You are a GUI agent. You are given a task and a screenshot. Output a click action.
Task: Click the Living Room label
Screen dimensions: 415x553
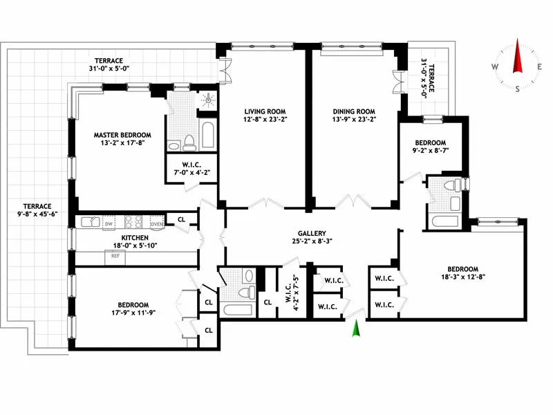(x=265, y=111)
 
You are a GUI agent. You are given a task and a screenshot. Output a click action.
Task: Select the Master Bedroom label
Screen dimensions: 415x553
(x=122, y=135)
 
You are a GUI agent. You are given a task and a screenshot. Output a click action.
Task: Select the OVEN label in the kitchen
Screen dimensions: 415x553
(x=156, y=223)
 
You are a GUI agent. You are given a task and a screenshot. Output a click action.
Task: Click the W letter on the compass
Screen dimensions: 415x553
(x=496, y=66)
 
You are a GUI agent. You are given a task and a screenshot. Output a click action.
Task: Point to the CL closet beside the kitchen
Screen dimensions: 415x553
(x=182, y=219)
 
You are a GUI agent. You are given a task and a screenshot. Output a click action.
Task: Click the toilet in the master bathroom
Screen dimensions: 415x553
(x=189, y=142)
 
